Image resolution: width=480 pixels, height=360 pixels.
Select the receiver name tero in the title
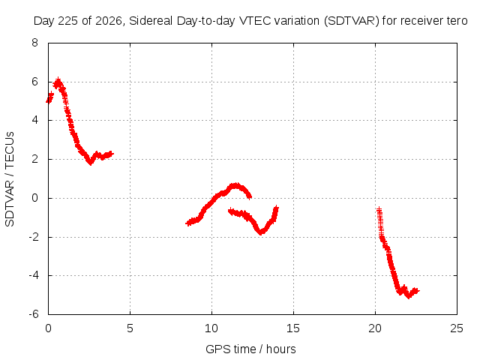click(x=457, y=21)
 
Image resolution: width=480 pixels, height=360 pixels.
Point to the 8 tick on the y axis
click(x=34, y=43)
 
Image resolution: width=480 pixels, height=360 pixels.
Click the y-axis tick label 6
click(x=34, y=82)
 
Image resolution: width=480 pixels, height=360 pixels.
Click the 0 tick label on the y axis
click(x=34, y=198)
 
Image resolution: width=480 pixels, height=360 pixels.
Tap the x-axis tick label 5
click(x=130, y=328)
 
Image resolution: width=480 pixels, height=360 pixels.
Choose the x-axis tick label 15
click(x=293, y=328)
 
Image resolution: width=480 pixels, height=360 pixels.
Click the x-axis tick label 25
click(x=457, y=328)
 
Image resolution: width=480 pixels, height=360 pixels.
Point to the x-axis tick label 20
click(x=375, y=328)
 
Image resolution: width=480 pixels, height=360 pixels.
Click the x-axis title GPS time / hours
click(x=250, y=349)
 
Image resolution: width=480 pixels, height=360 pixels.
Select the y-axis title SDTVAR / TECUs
click(x=10, y=179)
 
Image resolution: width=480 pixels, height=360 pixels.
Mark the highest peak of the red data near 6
click(x=58, y=80)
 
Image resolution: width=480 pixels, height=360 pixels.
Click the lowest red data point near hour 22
click(x=408, y=296)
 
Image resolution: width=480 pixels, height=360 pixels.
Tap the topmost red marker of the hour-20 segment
click(x=379, y=210)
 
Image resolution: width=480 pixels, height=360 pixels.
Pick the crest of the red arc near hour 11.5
click(x=235, y=185)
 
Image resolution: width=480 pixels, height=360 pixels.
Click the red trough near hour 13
click(x=261, y=232)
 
